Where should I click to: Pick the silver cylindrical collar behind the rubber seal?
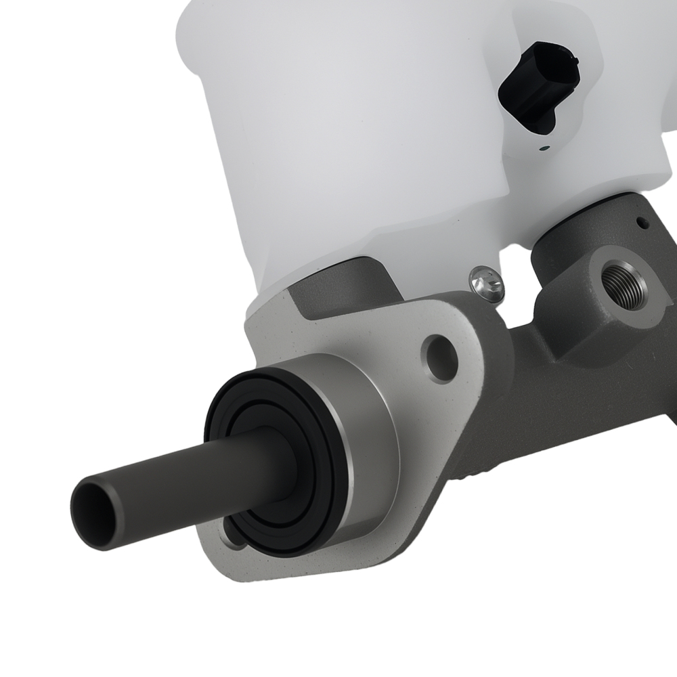tap(366, 433)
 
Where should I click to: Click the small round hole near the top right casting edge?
tap(640, 221)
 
